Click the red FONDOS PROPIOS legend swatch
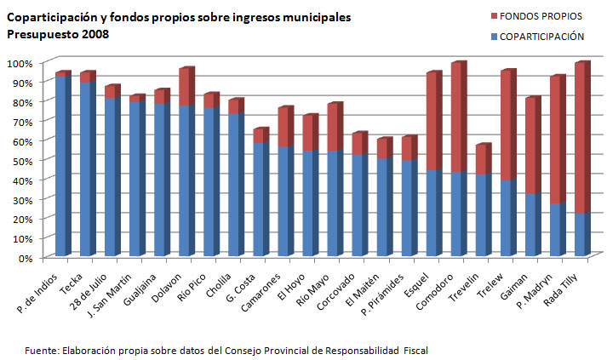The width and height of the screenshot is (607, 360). click(493, 16)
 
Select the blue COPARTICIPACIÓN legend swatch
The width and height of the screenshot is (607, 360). click(493, 37)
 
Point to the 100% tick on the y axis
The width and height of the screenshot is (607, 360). click(20, 63)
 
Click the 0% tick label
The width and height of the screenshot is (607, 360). click(25, 258)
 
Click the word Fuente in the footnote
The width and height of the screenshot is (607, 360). click(39, 349)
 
